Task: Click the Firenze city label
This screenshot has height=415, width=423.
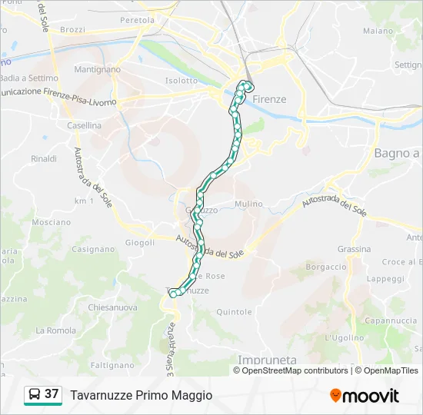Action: point(269,99)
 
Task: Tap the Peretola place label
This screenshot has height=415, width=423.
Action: point(137,19)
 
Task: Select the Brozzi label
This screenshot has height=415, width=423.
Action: point(72,29)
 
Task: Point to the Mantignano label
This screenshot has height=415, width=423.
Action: point(98,69)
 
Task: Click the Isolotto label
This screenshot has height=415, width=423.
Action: point(182,80)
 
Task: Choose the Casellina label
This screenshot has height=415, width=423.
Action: point(84,124)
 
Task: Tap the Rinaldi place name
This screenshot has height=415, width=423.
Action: point(44,158)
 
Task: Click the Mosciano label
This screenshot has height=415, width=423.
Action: point(52,221)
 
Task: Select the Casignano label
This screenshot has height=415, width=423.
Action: point(93,249)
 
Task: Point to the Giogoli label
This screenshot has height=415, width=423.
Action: point(140,242)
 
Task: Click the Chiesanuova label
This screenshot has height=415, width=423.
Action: point(112,307)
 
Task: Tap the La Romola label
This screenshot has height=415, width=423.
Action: point(56,330)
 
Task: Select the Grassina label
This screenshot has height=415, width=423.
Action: point(354,249)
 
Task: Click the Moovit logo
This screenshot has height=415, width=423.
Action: point(365,396)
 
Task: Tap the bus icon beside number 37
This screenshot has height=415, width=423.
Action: point(35,394)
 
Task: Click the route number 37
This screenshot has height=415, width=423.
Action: point(52,394)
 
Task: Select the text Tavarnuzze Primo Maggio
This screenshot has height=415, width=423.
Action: point(141,395)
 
